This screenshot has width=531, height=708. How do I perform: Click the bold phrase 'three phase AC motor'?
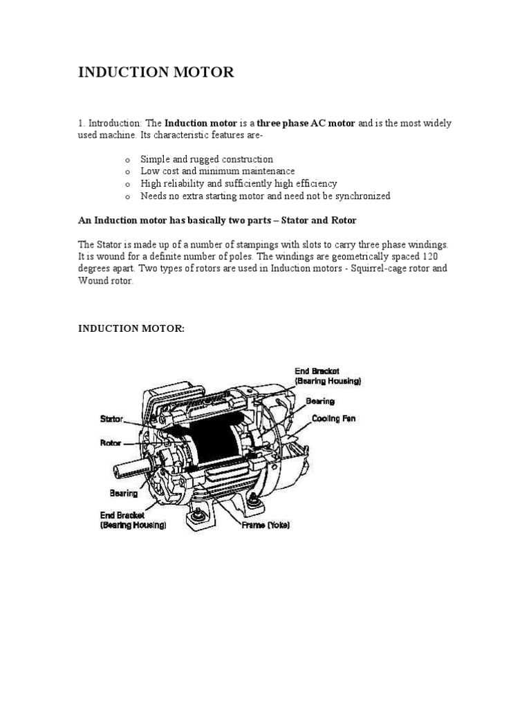pos(306,123)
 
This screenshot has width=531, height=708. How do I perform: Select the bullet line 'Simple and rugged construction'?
pos(207,159)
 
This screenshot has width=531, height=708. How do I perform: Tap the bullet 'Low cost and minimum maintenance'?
pos(217,171)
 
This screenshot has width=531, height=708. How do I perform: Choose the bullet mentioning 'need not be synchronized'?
pos(265,196)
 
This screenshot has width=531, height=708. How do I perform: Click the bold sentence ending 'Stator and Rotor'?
pos(217,220)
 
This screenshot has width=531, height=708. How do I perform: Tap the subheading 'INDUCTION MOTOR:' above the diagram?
pos(131,328)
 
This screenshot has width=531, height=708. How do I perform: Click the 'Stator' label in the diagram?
pos(112,418)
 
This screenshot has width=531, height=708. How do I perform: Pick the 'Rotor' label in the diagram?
pos(111,442)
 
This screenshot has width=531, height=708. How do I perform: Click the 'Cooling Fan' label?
pos(334,419)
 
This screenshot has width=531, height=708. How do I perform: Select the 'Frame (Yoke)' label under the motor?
pos(265,525)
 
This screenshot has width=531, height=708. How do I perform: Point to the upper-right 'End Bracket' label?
pos(317,371)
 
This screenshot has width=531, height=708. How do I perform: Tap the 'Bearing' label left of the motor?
pos(124,494)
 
